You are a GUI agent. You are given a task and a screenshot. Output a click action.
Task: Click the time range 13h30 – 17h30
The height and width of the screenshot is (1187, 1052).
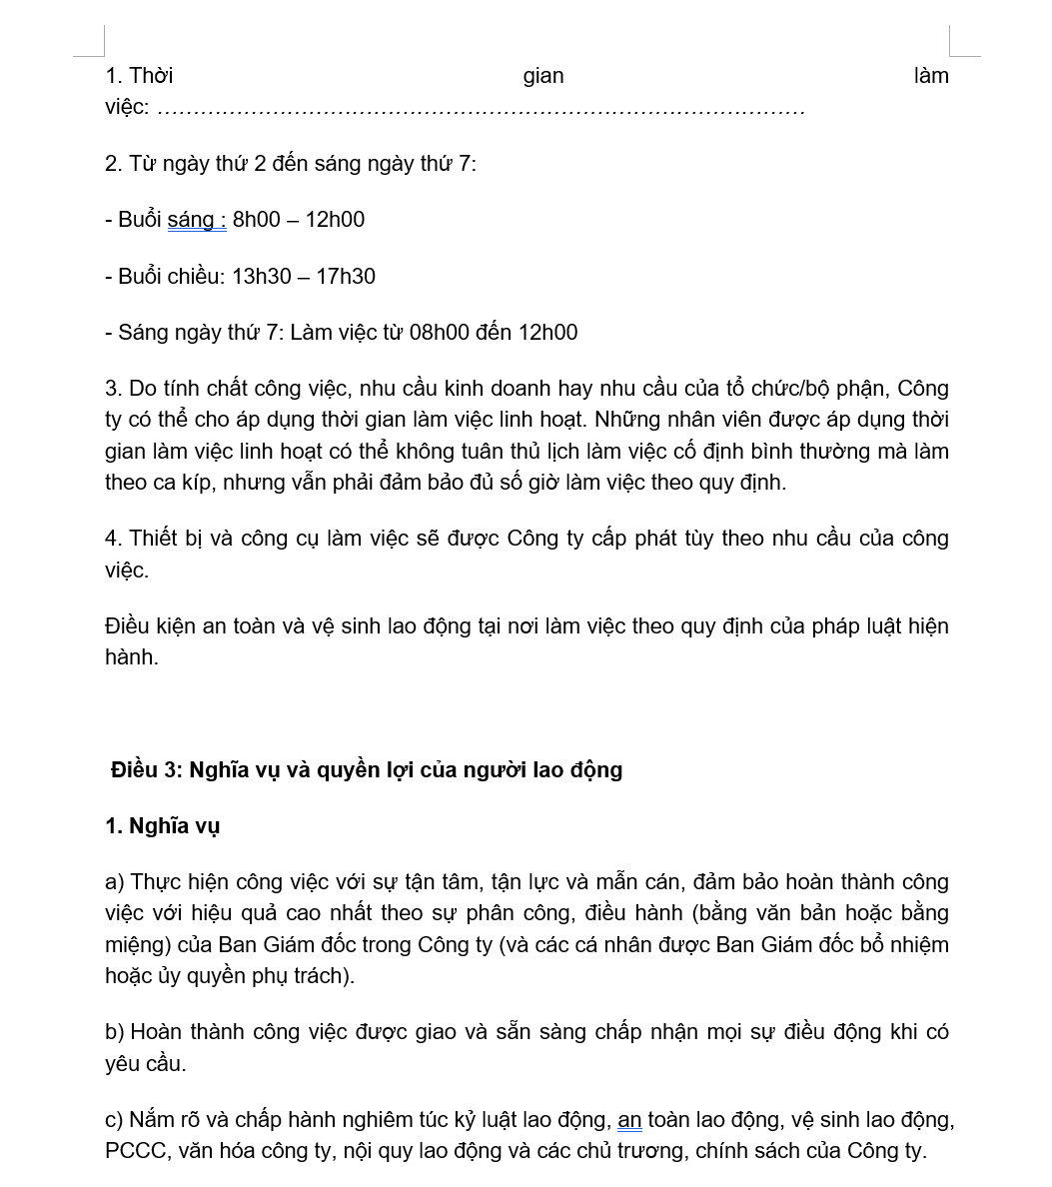pyautogui.click(x=304, y=277)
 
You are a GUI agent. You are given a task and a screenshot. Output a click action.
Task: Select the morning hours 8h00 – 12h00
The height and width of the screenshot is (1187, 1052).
pyautogui.click(x=299, y=220)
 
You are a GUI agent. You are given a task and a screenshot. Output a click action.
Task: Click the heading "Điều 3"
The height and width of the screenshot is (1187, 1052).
pyautogui.click(x=148, y=770)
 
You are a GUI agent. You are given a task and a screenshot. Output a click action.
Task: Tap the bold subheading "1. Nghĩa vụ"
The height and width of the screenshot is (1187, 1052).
pyautogui.click(x=162, y=826)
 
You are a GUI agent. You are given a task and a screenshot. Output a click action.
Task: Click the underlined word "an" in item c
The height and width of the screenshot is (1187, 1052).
pyautogui.click(x=629, y=1120)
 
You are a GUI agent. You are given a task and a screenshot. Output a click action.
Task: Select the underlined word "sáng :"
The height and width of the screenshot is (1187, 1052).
pyautogui.click(x=197, y=220)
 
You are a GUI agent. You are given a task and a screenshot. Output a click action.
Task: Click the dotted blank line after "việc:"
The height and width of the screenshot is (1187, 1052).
pyautogui.click(x=480, y=108)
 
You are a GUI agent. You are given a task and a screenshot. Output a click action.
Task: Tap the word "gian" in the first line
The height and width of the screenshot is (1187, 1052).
pyautogui.click(x=543, y=76)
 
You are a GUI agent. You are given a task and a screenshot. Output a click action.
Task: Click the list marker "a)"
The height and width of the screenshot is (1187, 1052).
pyautogui.click(x=114, y=882)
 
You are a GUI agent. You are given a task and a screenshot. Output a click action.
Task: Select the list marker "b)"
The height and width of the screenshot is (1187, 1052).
pyautogui.click(x=114, y=1032)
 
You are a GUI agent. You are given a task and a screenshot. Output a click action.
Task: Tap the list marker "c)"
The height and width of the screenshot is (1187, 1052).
pyautogui.click(x=114, y=1120)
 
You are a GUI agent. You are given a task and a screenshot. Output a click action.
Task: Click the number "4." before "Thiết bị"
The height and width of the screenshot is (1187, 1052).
pyautogui.click(x=114, y=539)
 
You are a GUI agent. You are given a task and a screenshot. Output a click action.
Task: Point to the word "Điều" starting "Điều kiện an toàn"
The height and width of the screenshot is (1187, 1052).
pyautogui.click(x=127, y=626)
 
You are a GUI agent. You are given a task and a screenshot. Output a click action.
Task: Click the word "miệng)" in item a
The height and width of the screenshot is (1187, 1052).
pyautogui.click(x=138, y=945)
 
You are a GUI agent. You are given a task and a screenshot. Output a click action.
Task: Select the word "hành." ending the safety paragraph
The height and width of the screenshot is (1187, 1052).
pyautogui.click(x=132, y=657)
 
